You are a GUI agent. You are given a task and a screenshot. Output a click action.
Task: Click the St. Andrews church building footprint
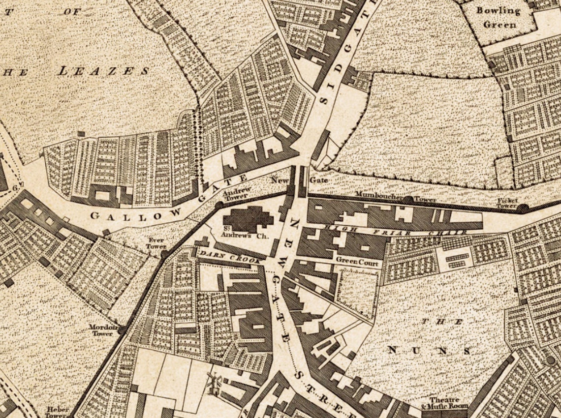click(x=250, y=217)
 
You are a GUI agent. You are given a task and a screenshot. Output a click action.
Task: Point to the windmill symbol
click(x=214, y=383)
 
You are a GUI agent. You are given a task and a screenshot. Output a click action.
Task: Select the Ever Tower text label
click(x=156, y=243)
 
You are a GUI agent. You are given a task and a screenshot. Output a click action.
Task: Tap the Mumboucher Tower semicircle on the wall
click(x=408, y=200)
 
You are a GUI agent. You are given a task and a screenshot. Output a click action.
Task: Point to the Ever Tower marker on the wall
click(x=164, y=254)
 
